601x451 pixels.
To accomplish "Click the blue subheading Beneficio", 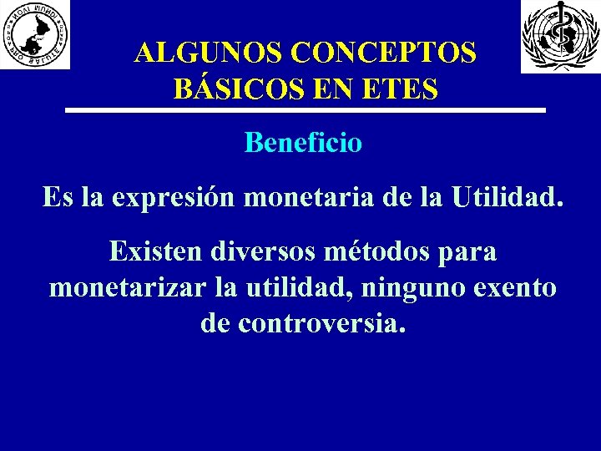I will tap(303, 143).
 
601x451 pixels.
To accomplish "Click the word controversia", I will tap(322, 323).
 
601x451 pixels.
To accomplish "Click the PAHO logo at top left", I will tap(35, 34).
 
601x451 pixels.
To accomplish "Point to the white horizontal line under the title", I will tap(306, 110).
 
